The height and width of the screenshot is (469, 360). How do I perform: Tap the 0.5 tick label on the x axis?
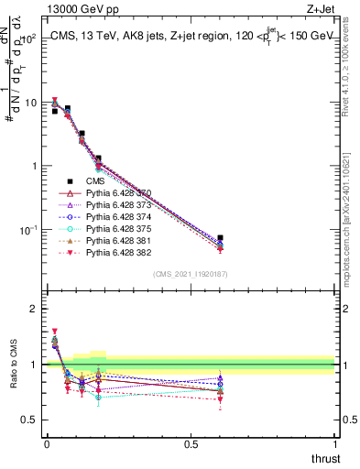coord(191,444)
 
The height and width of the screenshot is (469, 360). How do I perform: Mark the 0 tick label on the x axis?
coord(47,444)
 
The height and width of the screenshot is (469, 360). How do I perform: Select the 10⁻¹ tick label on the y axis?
coord(27,229)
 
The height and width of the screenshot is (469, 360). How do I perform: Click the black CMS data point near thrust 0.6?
coord(220,237)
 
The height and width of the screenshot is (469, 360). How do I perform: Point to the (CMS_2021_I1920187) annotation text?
coord(191,274)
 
